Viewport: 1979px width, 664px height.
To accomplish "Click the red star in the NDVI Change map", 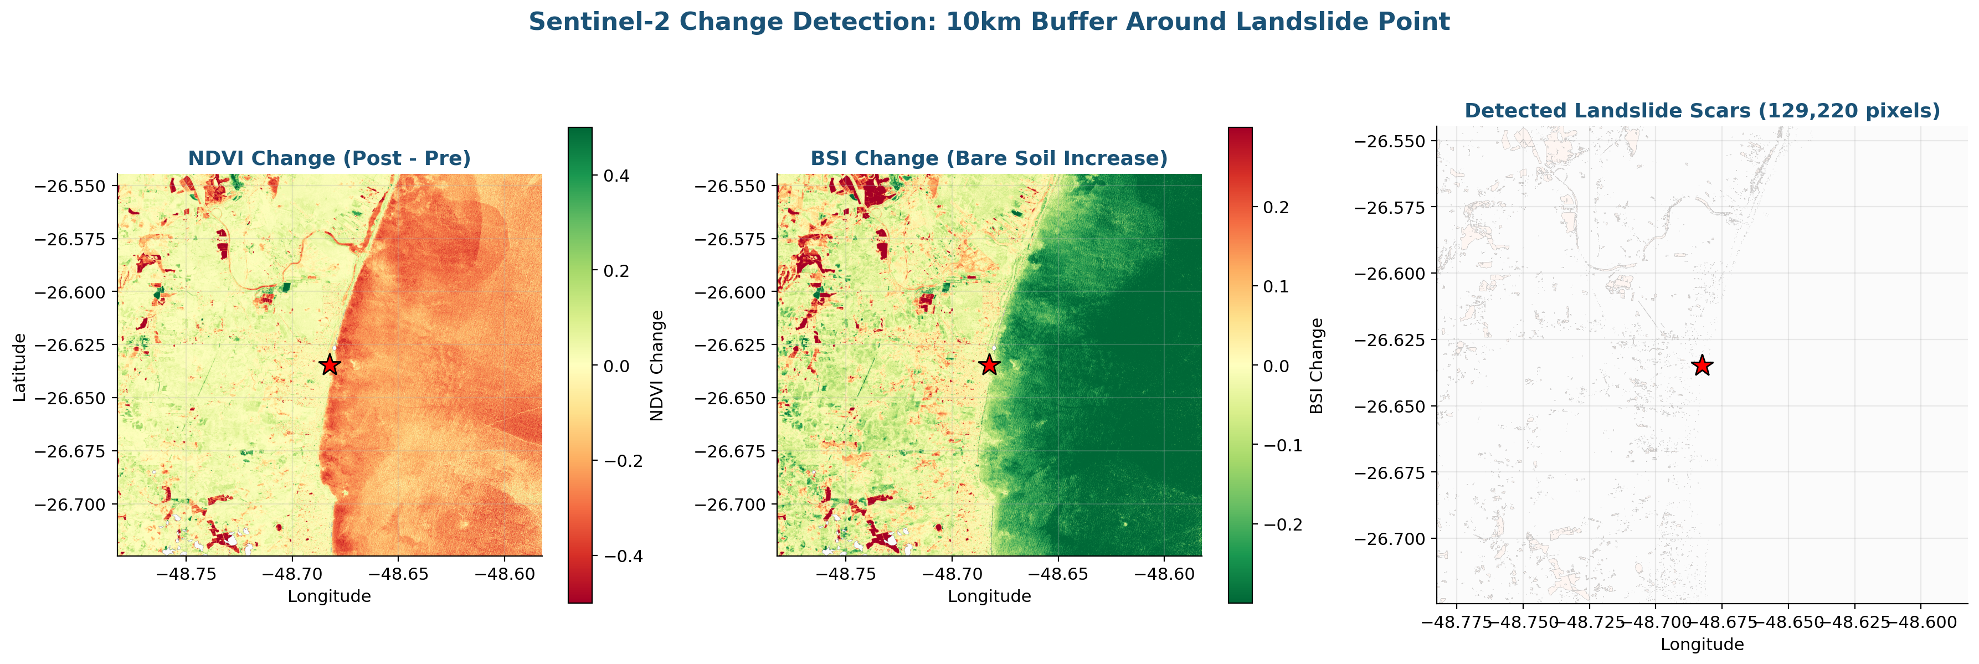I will click(x=330, y=364).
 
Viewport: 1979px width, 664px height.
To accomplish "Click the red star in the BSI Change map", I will click(x=989, y=364).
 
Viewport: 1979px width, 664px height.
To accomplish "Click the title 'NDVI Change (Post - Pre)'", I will click(x=329, y=158).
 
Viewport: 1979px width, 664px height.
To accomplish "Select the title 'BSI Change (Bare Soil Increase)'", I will click(x=989, y=158).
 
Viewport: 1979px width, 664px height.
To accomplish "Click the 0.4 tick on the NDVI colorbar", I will click(x=616, y=176).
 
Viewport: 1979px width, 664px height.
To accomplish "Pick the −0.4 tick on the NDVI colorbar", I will click(x=621, y=555).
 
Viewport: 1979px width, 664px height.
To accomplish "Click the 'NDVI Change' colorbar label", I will click(x=656, y=366).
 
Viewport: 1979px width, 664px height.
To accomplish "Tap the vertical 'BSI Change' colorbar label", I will click(x=1316, y=366).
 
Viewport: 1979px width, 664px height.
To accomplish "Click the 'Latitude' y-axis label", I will click(x=20, y=367).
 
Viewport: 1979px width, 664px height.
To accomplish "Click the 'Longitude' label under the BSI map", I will click(x=989, y=596).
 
